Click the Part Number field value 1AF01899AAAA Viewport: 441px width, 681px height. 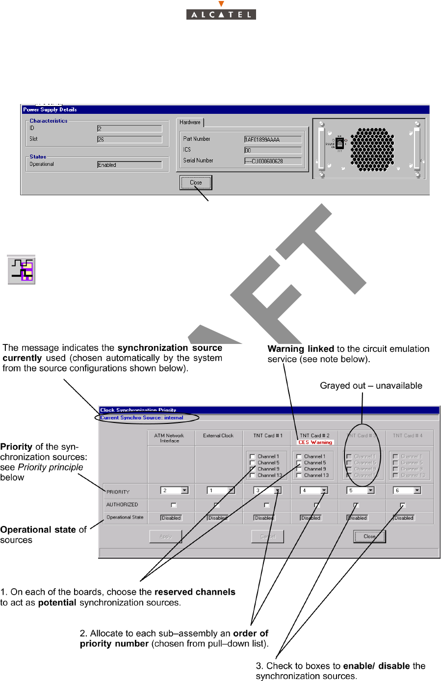273,139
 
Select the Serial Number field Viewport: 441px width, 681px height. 273,161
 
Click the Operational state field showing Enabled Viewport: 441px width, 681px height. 129,165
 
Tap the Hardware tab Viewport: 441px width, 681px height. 190,122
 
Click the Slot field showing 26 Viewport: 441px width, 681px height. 129,139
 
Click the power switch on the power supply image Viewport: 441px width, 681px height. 339,143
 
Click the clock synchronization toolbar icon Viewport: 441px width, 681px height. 22,270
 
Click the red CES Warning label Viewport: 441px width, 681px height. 315,442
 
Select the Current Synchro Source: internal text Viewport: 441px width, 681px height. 142,418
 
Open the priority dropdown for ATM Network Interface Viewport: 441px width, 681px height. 184,490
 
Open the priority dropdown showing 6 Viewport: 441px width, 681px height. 417,490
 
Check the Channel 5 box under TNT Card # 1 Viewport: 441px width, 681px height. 253,463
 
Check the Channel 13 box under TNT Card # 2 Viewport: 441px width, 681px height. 299,475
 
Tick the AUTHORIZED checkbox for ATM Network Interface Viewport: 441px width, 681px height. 174,505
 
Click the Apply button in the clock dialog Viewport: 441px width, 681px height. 165,537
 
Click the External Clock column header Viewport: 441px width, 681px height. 218,436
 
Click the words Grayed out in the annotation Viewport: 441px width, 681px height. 342,386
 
